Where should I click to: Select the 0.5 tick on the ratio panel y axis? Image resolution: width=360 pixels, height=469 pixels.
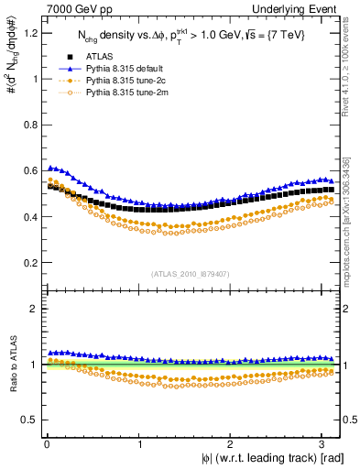[27, 420]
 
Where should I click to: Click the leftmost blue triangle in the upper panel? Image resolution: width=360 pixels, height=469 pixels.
[49, 168]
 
